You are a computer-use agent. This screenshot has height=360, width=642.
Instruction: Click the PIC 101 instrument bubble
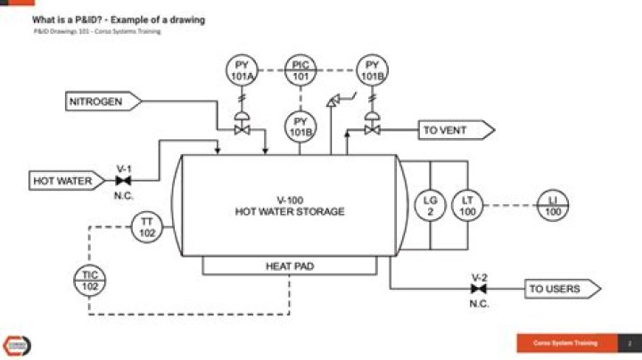click(300, 70)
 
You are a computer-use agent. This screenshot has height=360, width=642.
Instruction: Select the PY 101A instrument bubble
click(241, 70)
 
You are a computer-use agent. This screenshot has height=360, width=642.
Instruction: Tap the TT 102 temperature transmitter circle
click(147, 226)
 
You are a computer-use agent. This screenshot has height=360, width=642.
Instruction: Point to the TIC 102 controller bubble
click(90, 281)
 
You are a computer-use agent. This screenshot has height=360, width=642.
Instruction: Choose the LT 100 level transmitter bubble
click(467, 206)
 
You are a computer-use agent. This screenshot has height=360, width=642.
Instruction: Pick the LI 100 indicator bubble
click(553, 206)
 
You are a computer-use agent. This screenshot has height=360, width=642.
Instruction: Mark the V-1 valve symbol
click(124, 181)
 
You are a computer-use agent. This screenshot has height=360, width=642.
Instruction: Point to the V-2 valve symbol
click(479, 289)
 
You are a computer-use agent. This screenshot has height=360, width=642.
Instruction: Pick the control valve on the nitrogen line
click(241, 127)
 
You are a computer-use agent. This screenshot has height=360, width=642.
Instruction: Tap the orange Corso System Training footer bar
click(571, 343)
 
